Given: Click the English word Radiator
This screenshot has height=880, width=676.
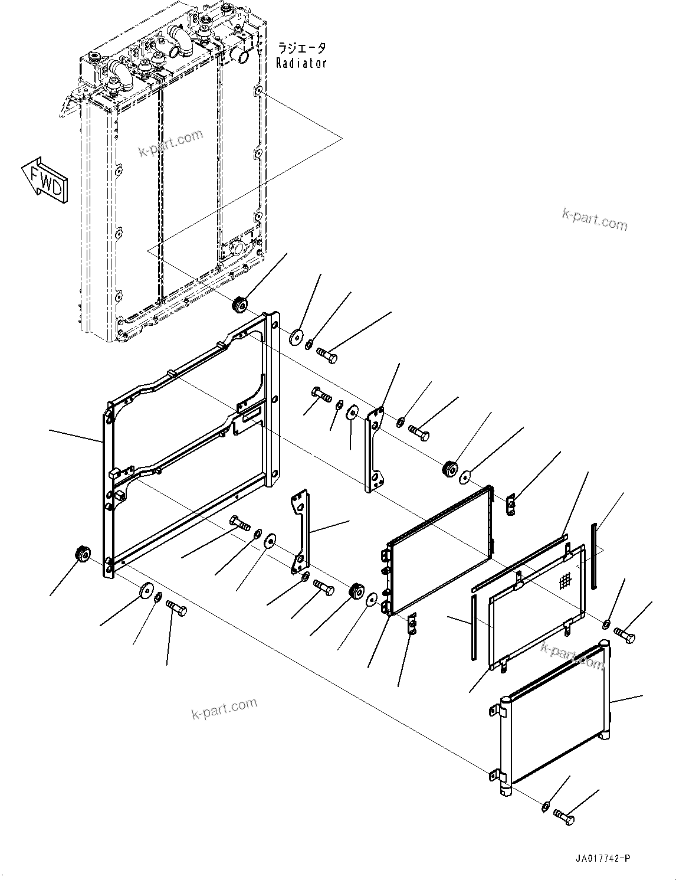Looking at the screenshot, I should click(x=301, y=63).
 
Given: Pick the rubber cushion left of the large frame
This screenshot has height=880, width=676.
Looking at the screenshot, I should click(x=81, y=555).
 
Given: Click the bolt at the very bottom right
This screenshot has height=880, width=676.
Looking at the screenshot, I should click(x=564, y=817).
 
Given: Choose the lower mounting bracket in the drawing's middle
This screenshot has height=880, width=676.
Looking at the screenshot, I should click(x=300, y=531).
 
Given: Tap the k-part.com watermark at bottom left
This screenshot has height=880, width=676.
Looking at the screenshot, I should click(x=224, y=708).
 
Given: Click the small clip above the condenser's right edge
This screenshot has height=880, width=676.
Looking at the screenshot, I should click(x=511, y=505).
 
